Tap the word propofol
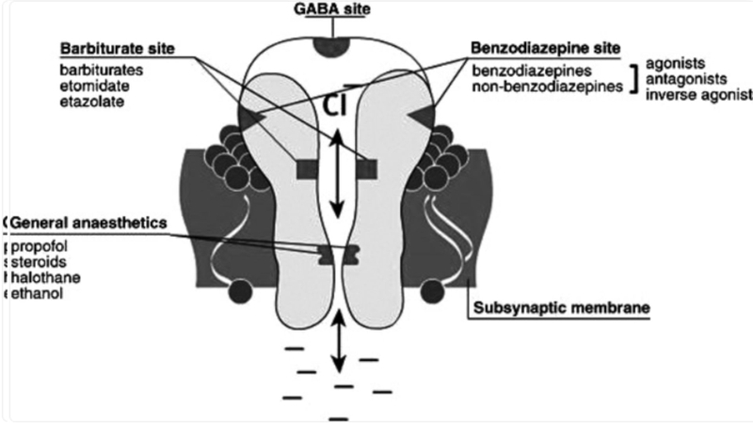tap(39, 247)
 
